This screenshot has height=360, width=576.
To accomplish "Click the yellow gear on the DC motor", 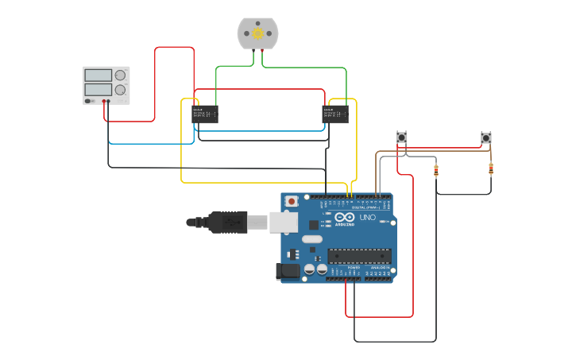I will click(x=257, y=33).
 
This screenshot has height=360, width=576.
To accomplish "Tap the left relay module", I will click(x=205, y=114).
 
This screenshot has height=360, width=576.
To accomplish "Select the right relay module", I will click(x=335, y=114).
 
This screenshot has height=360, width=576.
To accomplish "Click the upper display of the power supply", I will click(x=98, y=75).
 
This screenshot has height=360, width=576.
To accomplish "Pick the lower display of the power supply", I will click(x=98, y=90).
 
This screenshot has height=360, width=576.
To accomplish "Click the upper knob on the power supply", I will click(x=120, y=75).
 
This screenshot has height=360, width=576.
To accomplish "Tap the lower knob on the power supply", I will click(x=120, y=90).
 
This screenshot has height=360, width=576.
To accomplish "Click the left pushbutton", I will click(x=402, y=137).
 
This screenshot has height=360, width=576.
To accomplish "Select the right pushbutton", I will click(x=486, y=137).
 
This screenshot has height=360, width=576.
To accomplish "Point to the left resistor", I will click(x=436, y=169).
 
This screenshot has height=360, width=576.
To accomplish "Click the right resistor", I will click(x=491, y=168).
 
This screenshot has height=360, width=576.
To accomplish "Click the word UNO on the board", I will click(x=368, y=217).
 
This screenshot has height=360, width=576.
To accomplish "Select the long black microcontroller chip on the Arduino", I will click(x=360, y=255).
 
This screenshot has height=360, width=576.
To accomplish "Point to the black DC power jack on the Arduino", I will click(x=289, y=271).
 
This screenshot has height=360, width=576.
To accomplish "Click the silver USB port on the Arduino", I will click(x=284, y=222).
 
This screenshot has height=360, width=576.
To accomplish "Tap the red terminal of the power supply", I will click(x=103, y=102).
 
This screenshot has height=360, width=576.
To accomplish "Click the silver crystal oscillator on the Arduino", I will click(x=312, y=239).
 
